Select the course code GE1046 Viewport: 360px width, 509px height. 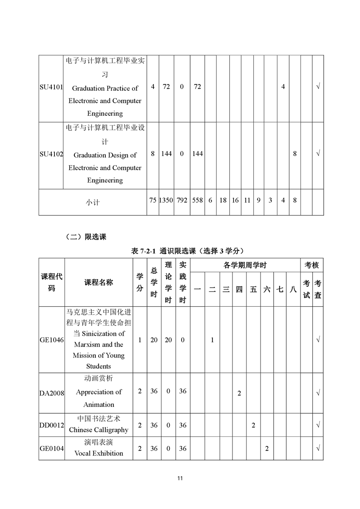[x=51, y=340]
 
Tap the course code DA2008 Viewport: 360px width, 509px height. [x=51, y=392]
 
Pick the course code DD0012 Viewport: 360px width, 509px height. [x=51, y=426]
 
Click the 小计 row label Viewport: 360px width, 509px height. [x=93, y=202]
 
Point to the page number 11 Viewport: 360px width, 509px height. [x=180, y=478]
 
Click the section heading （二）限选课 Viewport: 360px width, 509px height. [x=86, y=236]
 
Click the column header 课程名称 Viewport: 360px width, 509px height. [x=99, y=282]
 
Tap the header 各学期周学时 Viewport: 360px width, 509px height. [x=245, y=265]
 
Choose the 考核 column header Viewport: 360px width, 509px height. [x=312, y=265]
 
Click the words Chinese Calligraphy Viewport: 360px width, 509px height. [x=99, y=430]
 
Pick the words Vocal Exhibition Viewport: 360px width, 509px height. [x=99, y=453]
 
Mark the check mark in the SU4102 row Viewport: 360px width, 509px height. [x=318, y=154]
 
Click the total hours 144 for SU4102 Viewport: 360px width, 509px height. [x=166, y=154]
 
